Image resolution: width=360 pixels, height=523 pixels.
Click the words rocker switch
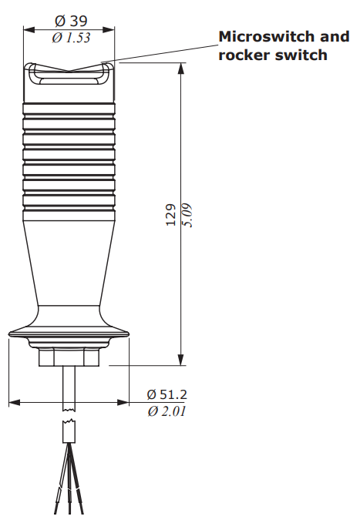[273, 55]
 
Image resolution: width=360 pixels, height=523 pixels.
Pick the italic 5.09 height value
[187, 215]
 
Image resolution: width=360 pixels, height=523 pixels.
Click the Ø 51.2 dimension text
[167, 394]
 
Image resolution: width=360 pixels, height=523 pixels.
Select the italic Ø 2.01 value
[167, 411]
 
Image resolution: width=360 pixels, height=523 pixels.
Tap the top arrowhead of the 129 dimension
[181, 68]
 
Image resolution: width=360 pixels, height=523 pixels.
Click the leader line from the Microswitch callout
[162, 52]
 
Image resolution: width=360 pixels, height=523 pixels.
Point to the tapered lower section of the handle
[69, 262]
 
